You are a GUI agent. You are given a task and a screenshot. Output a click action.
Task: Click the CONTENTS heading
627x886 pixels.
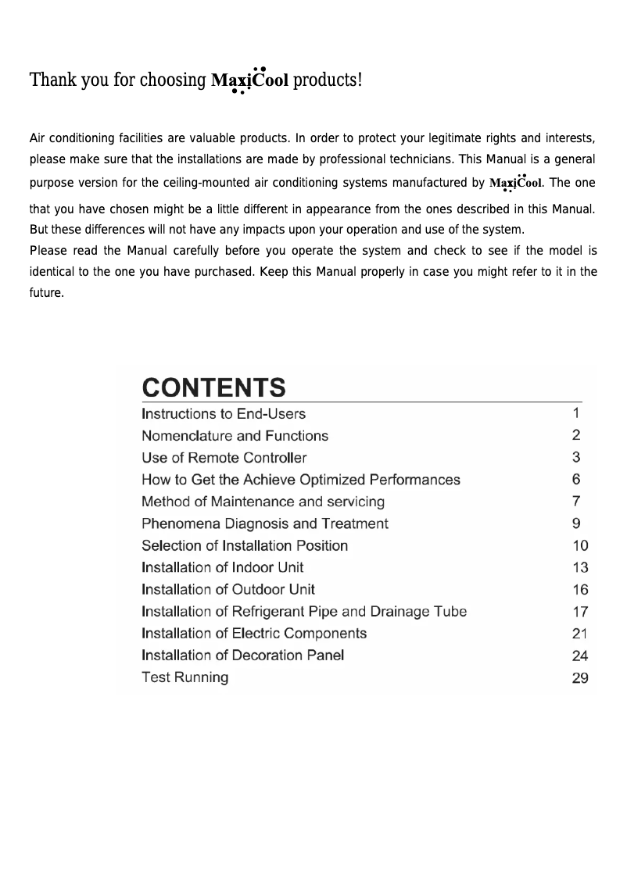pyautogui.click(x=213, y=388)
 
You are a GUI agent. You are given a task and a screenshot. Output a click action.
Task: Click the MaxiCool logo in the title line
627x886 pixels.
pyautogui.click(x=250, y=80)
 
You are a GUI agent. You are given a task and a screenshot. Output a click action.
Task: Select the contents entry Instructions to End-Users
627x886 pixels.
pyautogui.click(x=224, y=413)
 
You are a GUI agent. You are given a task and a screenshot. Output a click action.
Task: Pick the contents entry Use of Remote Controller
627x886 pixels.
pyautogui.click(x=224, y=458)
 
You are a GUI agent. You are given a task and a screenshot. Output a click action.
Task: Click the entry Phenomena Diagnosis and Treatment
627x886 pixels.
pyautogui.click(x=265, y=523)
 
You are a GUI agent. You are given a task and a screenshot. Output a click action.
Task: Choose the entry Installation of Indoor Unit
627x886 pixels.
pyautogui.click(x=223, y=567)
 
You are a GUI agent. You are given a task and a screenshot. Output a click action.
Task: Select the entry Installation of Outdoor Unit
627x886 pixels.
pyautogui.click(x=228, y=589)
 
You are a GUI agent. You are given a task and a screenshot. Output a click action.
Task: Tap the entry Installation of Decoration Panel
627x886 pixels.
pyautogui.click(x=243, y=655)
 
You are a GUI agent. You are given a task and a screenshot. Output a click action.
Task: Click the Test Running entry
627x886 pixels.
pyautogui.click(x=185, y=677)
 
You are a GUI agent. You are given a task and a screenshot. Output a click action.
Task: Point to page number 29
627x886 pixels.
pyautogui.click(x=579, y=678)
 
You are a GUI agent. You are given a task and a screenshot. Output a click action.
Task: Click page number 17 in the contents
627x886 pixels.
pyautogui.click(x=579, y=612)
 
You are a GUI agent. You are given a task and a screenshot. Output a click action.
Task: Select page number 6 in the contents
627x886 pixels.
pyautogui.click(x=576, y=480)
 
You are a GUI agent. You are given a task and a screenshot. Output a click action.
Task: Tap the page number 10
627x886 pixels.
pyautogui.click(x=579, y=545)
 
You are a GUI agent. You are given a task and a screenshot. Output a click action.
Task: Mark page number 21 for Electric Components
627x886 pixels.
pyautogui.click(x=579, y=634)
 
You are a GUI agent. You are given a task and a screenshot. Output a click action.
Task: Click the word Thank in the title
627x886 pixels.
pyautogui.click(x=50, y=80)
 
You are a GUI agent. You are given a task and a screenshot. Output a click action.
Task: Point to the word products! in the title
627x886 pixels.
pyautogui.click(x=328, y=80)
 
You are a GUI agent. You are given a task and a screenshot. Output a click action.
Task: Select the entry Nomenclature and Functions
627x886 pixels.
pyautogui.click(x=235, y=436)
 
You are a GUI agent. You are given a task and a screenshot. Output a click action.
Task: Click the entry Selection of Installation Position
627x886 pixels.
pyautogui.click(x=245, y=545)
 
